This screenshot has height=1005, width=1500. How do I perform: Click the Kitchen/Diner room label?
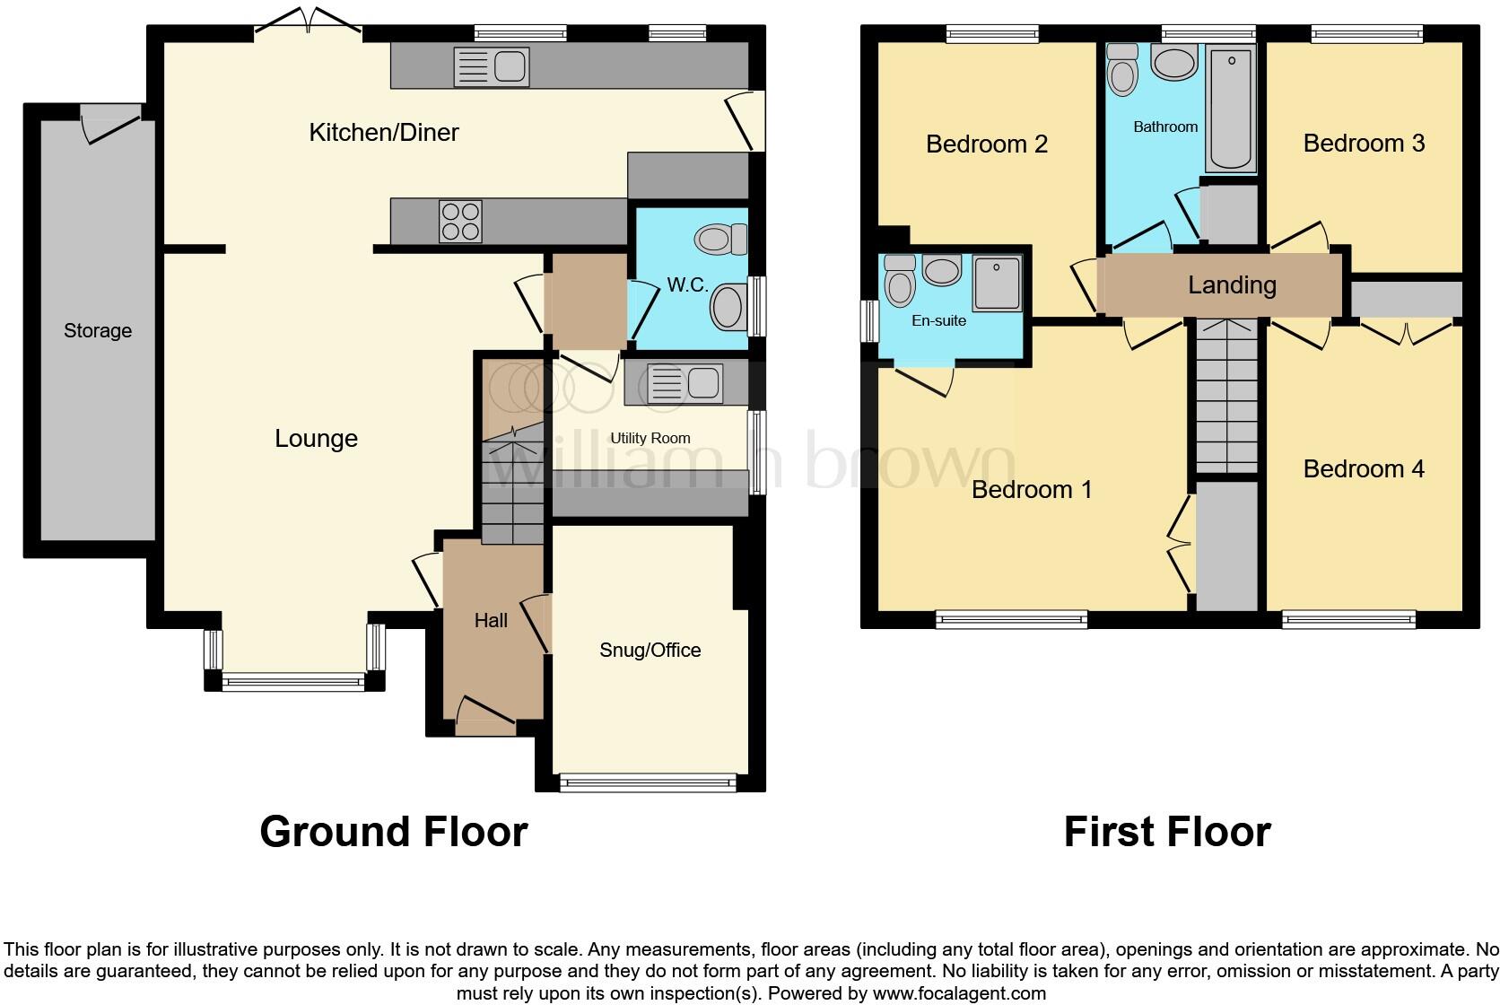tap(383, 133)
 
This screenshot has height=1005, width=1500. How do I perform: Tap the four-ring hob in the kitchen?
tap(460, 221)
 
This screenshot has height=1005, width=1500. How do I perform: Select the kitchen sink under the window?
tap(492, 66)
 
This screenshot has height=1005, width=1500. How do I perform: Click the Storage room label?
tap(98, 331)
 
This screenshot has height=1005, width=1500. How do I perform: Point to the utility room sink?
tap(685, 383)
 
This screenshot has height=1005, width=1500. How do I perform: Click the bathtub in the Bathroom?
tap(1231, 109)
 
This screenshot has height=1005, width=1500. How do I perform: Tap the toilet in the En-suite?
tap(899, 281)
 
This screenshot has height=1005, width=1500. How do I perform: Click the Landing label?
tap(1232, 285)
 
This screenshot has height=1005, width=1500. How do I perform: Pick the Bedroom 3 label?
tap(1364, 144)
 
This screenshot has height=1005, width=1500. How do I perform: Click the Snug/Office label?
tap(650, 651)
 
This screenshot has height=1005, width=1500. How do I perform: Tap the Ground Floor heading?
tap(393, 832)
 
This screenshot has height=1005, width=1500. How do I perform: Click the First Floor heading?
tap(1166, 832)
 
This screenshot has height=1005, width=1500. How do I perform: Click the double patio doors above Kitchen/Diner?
tap(309, 24)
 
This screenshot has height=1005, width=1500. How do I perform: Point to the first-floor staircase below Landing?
tap(1226, 395)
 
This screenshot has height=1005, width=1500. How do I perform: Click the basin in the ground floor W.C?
tap(728, 308)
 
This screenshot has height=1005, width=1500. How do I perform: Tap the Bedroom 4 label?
tap(1363, 469)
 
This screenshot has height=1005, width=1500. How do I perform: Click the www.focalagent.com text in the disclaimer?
tap(959, 993)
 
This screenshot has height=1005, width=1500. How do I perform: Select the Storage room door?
tap(112, 121)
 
